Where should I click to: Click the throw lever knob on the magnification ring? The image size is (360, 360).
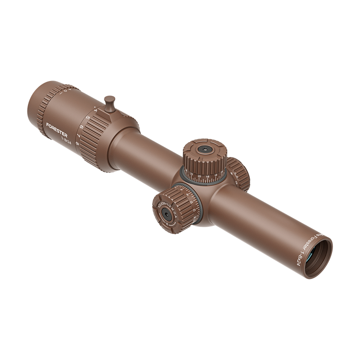109,100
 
